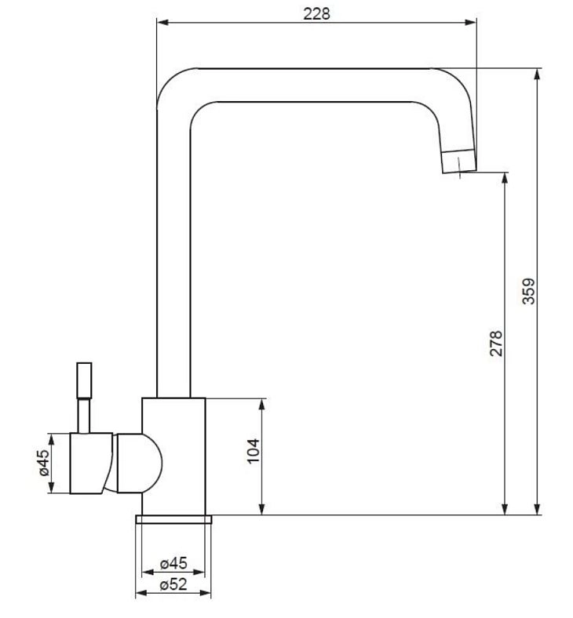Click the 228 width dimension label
point(316,14)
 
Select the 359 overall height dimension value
point(528,291)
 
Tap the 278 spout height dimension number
point(496,344)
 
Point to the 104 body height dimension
point(253,450)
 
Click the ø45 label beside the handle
point(44,463)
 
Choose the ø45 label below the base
point(173,563)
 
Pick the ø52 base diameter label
point(173,584)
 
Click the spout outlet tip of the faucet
point(459,162)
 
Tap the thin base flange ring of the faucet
point(173,519)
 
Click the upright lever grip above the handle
point(85,380)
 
